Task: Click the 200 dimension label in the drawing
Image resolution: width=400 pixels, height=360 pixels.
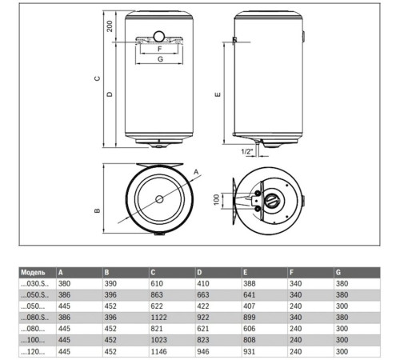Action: coord(110,26)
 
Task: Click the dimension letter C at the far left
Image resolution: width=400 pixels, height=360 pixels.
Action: coord(95,78)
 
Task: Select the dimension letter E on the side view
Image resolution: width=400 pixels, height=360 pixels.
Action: coord(218,94)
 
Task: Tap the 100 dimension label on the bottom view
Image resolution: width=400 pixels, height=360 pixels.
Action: coord(215,198)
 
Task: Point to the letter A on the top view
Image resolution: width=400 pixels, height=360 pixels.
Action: coord(194,171)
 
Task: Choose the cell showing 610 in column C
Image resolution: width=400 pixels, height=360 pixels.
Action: coord(157,283)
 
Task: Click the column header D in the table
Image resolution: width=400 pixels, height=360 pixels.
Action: coord(199,273)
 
